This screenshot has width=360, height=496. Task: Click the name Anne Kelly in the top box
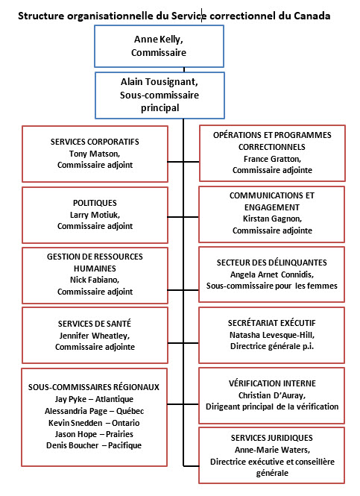click(x=158, y=40)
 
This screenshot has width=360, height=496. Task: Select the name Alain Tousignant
click(x=158, y=82)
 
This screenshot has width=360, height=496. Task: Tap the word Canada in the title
click(x=312, y=16)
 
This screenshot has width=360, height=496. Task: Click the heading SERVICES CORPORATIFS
click(x=95, y=142)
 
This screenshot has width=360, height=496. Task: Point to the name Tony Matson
click(x=94, y=154)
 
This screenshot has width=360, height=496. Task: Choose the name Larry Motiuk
click(x=94, y=215)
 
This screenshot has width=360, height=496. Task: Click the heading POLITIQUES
click(x=95, y=203)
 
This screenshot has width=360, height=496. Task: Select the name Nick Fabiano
click(x=94, y=280)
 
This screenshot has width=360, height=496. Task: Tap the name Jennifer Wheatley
click(x=94, y=336)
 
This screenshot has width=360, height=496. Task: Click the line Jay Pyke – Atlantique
click(x=94, y=399)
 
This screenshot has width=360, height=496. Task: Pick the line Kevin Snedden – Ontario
click(x=94, y=423)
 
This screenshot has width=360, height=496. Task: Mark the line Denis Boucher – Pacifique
click(x=94, y=445)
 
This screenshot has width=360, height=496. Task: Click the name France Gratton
click(x=271, y=159)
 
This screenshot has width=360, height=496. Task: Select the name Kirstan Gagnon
click(x=271, y=219)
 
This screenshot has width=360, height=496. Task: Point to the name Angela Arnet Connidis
click(x=271, y=274)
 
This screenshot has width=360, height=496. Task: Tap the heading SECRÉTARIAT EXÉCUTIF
click(x=272, y=323)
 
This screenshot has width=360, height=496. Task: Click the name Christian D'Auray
click(x=271, y=395)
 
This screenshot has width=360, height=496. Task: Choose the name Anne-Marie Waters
click(x=272, y=450)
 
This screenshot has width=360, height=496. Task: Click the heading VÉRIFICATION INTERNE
click(x=272, y=383)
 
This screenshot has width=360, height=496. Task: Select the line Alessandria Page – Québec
click(x=94, y=411)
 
